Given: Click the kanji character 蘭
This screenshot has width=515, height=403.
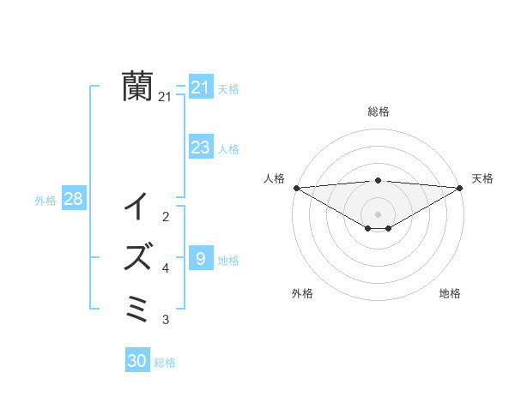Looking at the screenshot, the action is point(137,86).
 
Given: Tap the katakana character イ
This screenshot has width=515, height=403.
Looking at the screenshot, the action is point(137,207).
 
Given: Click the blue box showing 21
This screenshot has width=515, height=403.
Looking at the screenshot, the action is point(200,87).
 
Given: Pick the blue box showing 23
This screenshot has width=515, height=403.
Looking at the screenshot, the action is point(200,147).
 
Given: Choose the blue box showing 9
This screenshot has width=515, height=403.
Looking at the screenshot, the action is point(200,258).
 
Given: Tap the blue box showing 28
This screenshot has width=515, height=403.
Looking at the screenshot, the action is point(74,199).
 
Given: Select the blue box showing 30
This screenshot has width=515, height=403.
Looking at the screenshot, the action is point(137,361).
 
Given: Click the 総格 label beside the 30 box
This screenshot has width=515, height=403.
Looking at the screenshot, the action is point(165,363).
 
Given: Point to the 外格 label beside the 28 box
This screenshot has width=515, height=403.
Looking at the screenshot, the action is point(45,201).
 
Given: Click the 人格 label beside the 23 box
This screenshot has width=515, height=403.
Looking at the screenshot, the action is point(228,149).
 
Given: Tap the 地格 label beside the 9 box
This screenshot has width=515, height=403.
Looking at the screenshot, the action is point(228,260).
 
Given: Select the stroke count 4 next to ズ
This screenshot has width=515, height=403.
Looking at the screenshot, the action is point(166,268).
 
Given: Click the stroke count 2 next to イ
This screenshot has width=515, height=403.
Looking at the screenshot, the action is point(166,217).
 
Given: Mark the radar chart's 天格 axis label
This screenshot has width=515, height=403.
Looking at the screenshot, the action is point(482,178).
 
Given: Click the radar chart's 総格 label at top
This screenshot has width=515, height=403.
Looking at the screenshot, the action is point(378,111).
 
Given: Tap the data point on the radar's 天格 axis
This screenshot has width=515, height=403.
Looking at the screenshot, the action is point(459,188).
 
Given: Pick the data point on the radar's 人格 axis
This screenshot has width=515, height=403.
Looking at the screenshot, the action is point(296,188).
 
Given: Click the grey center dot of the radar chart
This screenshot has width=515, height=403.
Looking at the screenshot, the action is point(378,214).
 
